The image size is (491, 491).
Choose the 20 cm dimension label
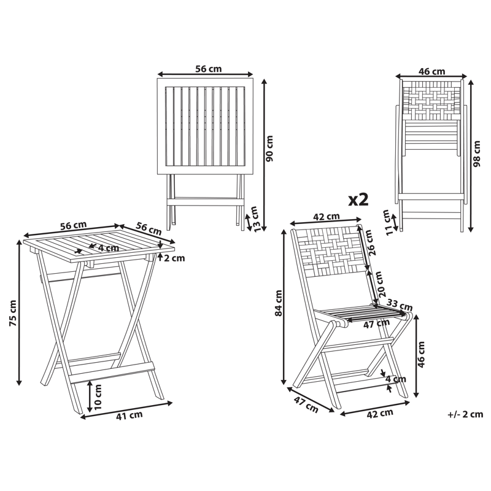point(379,284)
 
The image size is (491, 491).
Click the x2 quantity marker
point(358,199)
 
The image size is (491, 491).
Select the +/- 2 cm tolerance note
point(465,414)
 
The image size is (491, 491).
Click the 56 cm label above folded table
point(208,69)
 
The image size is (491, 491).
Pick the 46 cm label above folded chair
point(431,72)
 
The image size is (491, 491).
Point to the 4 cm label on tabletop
point(107,249)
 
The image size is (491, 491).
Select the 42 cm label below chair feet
point(379,412)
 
